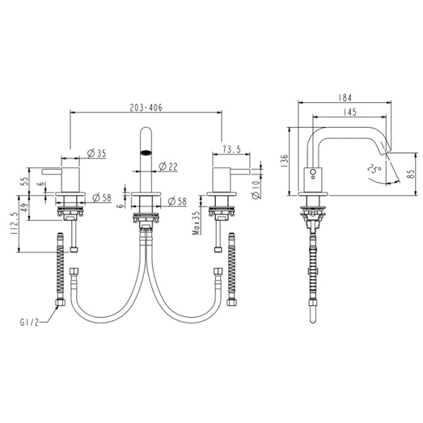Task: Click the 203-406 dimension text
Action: click(x=147, y=107)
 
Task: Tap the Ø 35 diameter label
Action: click(x=97, y=152)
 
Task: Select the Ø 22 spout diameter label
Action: click(x=168, y=166)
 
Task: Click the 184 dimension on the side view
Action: click(x=345, y=98)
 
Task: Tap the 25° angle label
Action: click(x=375, y=169)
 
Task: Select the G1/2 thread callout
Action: click(x=30, y=323)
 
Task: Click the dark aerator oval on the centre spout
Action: click(x=147, y=151)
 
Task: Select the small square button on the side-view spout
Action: click(x=312, y=172)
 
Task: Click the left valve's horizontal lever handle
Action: click(x=54, y=171)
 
